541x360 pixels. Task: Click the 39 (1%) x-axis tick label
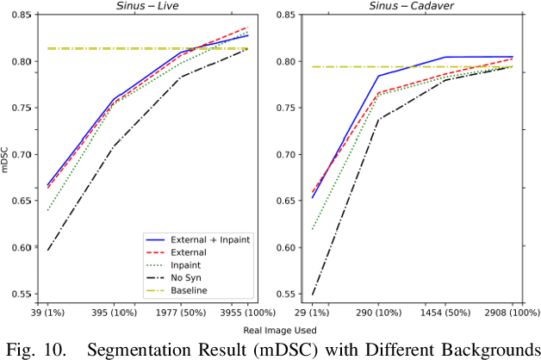click(50, 311)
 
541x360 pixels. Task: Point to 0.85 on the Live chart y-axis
click(22, 16)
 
